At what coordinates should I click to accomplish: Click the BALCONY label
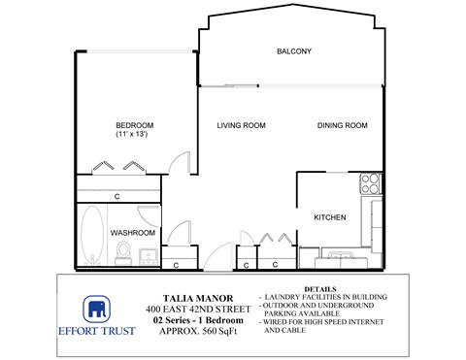tap(293, 50)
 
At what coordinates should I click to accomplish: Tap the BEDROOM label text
tap(135, 125)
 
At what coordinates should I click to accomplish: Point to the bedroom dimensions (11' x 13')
tap(135, 135)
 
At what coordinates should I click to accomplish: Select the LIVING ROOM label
tap(242, 125)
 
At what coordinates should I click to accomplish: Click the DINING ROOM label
tap(343, 125)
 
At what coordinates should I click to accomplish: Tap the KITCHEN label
tap(330, 217)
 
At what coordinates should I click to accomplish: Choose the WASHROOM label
tap(133, 233)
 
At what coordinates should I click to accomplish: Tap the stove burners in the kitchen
tap(370, 180)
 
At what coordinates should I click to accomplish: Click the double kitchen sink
tap(339, 258)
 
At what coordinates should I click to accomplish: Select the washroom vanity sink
tap(149, 257)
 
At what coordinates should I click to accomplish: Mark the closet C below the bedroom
tap(116, 197)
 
